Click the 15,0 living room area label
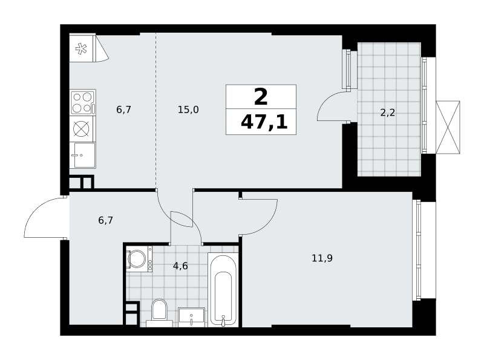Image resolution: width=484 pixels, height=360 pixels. (x=188, y=110)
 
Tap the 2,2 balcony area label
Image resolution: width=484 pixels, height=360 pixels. (x=387, y=113)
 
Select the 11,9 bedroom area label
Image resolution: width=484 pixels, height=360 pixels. (x=322, y=258)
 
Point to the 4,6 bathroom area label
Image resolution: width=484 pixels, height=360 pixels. (x=180, y=266)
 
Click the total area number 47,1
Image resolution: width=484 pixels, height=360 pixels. (x=264, y=122)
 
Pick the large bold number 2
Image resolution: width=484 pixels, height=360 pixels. (x=261, y=97)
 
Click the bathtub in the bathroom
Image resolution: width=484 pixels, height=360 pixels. (x=223, y=290)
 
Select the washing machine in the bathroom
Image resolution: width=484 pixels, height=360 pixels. (x=139, y=259)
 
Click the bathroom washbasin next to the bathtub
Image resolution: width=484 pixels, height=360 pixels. (x=191, y=317)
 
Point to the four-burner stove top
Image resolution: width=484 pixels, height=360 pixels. (x=82, y=102)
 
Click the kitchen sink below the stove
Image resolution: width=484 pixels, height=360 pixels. (x=82, y=155)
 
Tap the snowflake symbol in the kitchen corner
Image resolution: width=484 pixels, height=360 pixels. (x=81, y=49)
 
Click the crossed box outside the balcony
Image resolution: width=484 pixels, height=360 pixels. (x=448, y=127)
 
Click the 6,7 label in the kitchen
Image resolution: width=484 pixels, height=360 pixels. (x=124, y=110)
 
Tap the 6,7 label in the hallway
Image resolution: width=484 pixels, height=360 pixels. (x=105, y=220)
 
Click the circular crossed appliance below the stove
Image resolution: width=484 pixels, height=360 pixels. (x=81, y=128)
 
